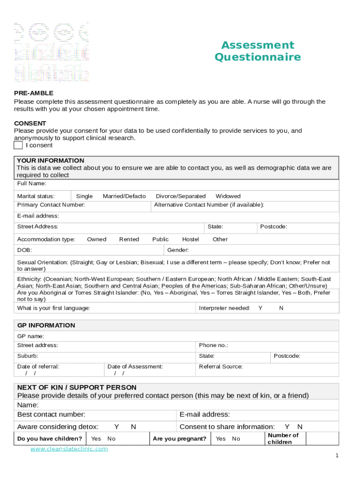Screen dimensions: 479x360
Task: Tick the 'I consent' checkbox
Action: (x=18, y=145)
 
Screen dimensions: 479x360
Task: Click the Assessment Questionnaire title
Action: (x=258, y=51)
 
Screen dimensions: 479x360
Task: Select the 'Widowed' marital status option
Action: (x=228, y=196)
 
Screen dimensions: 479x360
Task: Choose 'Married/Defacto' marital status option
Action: (x=124, y=196)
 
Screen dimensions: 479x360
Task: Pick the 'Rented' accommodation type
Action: (x=129, y=239)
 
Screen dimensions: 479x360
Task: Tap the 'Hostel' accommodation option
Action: (x=190, y=239)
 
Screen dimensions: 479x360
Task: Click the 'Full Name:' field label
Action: (x=32, y=183)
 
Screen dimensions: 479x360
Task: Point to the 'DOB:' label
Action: (x=24, y=250)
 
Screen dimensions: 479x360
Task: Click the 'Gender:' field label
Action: (x=178, y=250)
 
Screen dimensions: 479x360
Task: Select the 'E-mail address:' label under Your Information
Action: (x=38, y=216)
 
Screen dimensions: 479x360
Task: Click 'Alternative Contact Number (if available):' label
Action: (x=209, y=205)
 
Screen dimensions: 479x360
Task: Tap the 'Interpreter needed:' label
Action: (x=224, y=308)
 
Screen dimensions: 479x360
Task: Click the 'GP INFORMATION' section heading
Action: (x=46, y=325)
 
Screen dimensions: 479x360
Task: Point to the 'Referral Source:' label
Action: (x=221, y=366)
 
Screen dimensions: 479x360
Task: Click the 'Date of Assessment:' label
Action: (x=135, y=366)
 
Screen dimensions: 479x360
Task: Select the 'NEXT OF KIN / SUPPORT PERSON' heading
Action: (x=77, y=387)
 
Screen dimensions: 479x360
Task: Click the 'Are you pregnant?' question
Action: (x=180, y=438)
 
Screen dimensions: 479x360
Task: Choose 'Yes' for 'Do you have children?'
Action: (x=96, y=438)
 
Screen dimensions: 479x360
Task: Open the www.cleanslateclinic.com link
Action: (x=69, y=449)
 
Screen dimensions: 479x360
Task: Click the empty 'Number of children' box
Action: (x=322, y=438)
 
